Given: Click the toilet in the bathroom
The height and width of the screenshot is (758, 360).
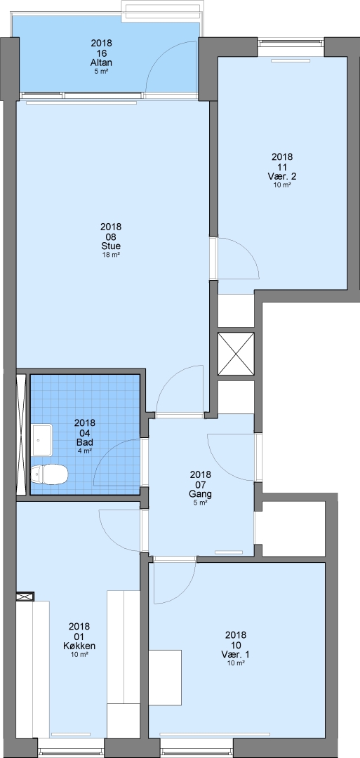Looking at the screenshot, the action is pyautogui.click(x=48, y=474).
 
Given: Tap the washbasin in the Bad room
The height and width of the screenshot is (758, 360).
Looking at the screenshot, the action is pyautogui.click(x=42, y=440).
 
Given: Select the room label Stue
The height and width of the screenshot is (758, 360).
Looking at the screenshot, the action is pyautogui.click(x=111, y=246).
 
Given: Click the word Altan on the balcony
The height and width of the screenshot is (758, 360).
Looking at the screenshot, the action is pyautogui.click(x=102, y=63).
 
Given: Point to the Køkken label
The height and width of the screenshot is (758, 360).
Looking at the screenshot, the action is pyautogui.click(x=79, y=646).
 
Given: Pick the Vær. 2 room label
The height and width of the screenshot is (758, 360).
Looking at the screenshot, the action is pyautogui.click(x=281, y=176).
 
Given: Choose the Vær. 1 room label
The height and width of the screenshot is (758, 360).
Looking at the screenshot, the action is pyautogui.click(x=235, y=654).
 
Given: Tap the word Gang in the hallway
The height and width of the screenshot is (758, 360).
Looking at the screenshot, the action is pyautogui.click(x=201, y=494).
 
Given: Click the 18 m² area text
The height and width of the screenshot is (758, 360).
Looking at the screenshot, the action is pyautogui.click(x=111, y=255).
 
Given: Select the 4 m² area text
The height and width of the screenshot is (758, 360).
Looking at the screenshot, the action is pyautogui.click(x=85, y=451).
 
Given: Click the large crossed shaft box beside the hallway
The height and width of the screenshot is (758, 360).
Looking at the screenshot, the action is pyautogui.click(x=236, y=354).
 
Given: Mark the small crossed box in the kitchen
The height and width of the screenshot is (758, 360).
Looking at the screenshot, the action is pyautogui.click(x=25, y=597).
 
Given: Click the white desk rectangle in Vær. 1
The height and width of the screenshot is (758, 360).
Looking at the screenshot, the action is pyautogui.click(x=165, y=678).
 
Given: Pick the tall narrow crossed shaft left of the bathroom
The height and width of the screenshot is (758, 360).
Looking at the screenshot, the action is pyautogui.click(x=21, y=434).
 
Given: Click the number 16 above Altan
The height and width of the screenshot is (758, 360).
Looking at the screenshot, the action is pyautogui.click(x=102, y=53).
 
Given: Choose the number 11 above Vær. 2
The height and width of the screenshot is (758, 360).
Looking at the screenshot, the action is pyautogui.click(x=282, y=166).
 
